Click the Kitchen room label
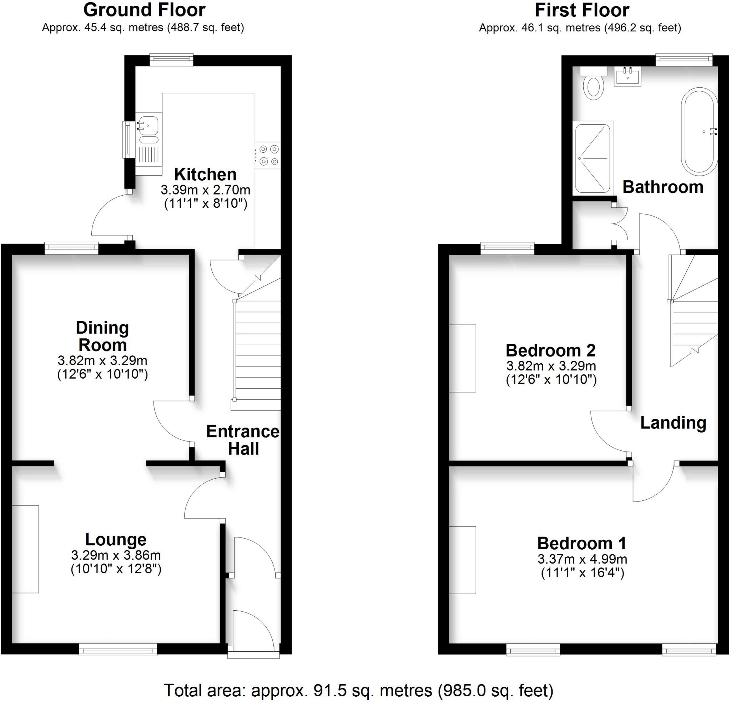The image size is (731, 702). (x=205, y=175)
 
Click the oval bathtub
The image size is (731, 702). (x=699, y=131)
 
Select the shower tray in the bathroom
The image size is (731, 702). (x=593, y=158)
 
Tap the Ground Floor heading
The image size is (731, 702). (x=144, y=10)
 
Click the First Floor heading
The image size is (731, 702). (x=582, y=10)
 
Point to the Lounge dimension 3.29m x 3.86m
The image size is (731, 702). (x=116, y=555)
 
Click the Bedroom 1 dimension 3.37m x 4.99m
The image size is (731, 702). (x=582, y=559)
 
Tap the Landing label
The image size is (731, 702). (x=673, y=423)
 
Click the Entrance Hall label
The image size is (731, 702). (x=243, y=440)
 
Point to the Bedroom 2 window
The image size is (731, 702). (x=507, y=247)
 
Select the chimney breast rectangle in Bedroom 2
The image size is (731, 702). (x=463, y=358)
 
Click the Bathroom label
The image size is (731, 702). (x=663, y=187)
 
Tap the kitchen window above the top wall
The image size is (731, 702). (x=172, y=59)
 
